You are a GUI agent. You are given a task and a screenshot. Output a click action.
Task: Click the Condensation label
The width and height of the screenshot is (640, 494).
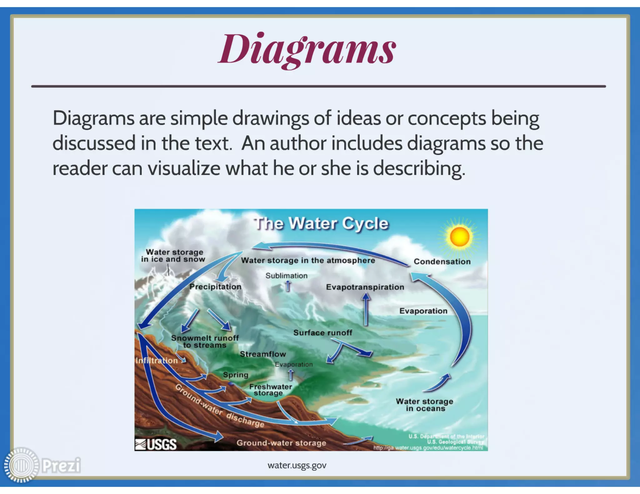tap(442, 262)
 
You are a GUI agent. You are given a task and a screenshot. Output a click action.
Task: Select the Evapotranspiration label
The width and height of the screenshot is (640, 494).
tap(365, 287)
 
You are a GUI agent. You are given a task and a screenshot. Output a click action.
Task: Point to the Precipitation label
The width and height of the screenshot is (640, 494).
tap(215, 287)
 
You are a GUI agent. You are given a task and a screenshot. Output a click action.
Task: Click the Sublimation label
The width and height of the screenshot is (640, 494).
tap(286, 276)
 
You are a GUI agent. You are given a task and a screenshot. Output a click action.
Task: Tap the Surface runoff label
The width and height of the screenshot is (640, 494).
tap(322, 333)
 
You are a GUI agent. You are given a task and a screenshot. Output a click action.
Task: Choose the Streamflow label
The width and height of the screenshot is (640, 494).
tap(263, 354)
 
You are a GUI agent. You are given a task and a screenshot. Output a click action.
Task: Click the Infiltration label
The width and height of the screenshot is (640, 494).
tap(157, 361)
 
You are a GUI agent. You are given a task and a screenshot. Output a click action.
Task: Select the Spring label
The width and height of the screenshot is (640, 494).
tap(235, 375)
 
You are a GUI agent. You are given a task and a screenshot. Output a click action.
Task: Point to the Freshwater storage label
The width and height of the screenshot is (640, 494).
tap(270, 390)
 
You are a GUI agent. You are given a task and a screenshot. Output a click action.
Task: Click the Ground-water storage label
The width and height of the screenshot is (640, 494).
tap(281, 443)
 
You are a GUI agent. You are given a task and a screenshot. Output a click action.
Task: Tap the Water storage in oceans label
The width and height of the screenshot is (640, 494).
tap(424, 405)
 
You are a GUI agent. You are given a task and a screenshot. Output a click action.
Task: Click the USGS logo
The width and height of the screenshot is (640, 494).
tap(156, 444)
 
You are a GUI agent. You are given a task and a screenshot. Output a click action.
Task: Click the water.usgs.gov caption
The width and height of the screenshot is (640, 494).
tap(297, 465)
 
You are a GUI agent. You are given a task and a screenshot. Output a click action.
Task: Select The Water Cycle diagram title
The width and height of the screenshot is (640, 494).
tap(321, 224)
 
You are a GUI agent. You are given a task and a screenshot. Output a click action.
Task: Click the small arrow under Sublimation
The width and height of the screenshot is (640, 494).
tap(288, 286)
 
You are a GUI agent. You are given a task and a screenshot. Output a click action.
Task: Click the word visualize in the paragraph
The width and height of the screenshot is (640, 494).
tap(184, 168)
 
